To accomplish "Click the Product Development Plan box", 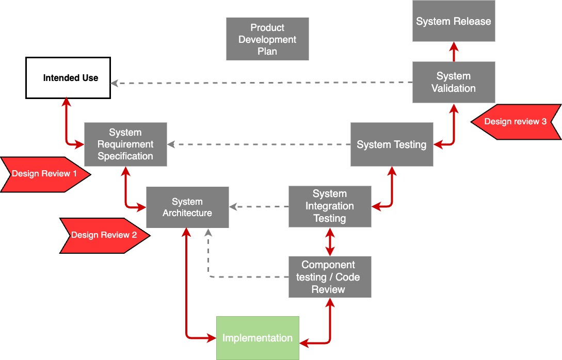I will pos(267,39).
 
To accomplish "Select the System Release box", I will pos(454,21).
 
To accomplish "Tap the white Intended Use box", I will pos(68,78).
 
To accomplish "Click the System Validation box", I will pos(454,82).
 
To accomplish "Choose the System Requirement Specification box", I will pos(125,144).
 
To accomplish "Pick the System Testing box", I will pos(392,144).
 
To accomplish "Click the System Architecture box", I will pos(187,207).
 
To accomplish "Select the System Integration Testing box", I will pos(330,206).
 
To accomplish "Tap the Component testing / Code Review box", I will pos(330,277).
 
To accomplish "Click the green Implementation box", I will pos(258,338).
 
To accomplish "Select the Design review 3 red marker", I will pos(516,122).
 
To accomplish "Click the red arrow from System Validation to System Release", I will pos(454,52).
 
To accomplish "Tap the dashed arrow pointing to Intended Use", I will pos(258,83).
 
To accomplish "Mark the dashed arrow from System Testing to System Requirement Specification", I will pos(258,144).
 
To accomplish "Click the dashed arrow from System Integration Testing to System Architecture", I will pos(258,207).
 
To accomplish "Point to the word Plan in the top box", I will pos(267,51).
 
